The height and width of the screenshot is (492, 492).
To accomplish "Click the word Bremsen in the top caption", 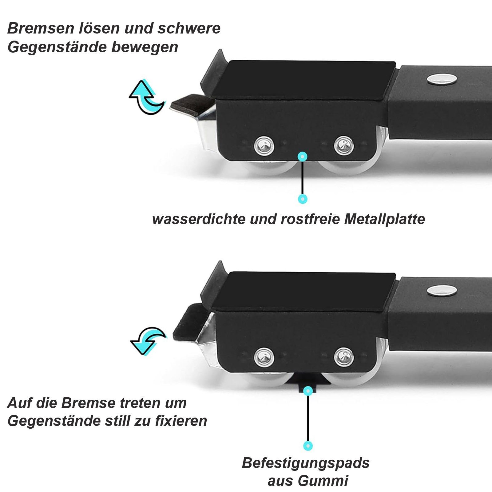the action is pos(41,28).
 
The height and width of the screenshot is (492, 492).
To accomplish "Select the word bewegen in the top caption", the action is pos(145,47).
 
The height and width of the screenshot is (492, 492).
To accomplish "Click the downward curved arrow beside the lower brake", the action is pos(148,341).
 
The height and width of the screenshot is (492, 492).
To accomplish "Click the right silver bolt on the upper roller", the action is pos(344,145).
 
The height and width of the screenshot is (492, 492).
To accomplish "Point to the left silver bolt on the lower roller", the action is pos(264,356).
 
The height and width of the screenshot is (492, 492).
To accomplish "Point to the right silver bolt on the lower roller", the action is pos(344,357).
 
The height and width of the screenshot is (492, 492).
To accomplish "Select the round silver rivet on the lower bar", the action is pos(441,290).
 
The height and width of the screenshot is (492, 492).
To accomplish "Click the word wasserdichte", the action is pos(199,219).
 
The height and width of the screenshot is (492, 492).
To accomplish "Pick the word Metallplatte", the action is pos(384,219).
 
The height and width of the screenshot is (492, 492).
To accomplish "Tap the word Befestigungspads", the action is pos(306,463).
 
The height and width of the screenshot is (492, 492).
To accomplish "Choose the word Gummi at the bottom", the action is pos(327,481).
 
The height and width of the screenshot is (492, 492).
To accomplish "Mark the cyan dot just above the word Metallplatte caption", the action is pos(303,199).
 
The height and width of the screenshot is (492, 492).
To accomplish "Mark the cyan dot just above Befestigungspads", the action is pos(308,446).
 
